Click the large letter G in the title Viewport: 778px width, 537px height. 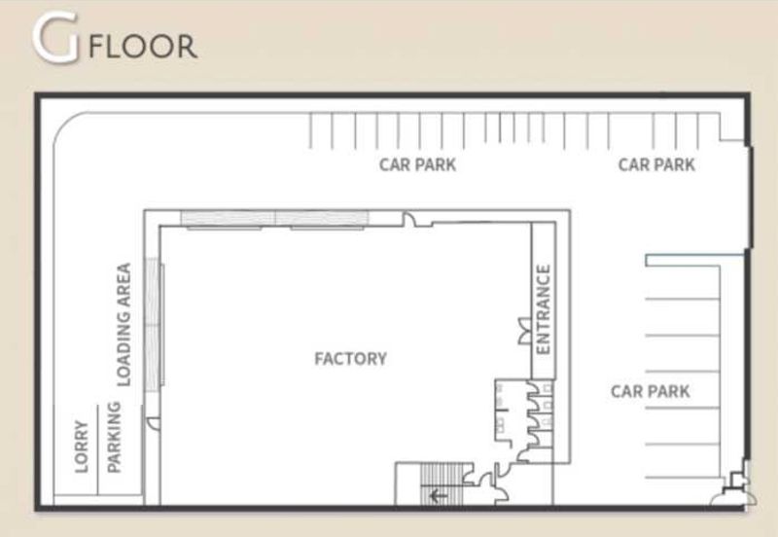coord(55,38)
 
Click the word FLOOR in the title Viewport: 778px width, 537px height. coord(143,46)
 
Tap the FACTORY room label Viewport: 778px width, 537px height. coord(351,358)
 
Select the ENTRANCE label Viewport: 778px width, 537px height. coord(544,309)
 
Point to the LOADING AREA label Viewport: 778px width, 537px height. coord(124,325)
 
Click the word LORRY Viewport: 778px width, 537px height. coord(82,447)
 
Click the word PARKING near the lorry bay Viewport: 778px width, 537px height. coord(114,437)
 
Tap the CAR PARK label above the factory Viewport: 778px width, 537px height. coord(417,164)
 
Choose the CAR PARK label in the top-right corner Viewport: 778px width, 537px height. coord(656,164)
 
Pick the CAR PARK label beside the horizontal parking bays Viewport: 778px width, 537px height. coord(650,391)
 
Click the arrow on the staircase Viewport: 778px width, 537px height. coord(438,495)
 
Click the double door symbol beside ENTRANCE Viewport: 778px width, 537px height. coord(524,331)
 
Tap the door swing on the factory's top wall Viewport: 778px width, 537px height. coord(410,219)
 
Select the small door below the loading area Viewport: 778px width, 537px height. coord(154,423)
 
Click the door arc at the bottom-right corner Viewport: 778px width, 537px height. coord(734,498)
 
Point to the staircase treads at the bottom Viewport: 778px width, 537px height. coord(442,483)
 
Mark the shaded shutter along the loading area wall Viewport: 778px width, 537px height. coord(154,324)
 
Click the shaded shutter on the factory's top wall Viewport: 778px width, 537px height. coord(274,218)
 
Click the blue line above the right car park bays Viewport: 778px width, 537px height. coord(694,256)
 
